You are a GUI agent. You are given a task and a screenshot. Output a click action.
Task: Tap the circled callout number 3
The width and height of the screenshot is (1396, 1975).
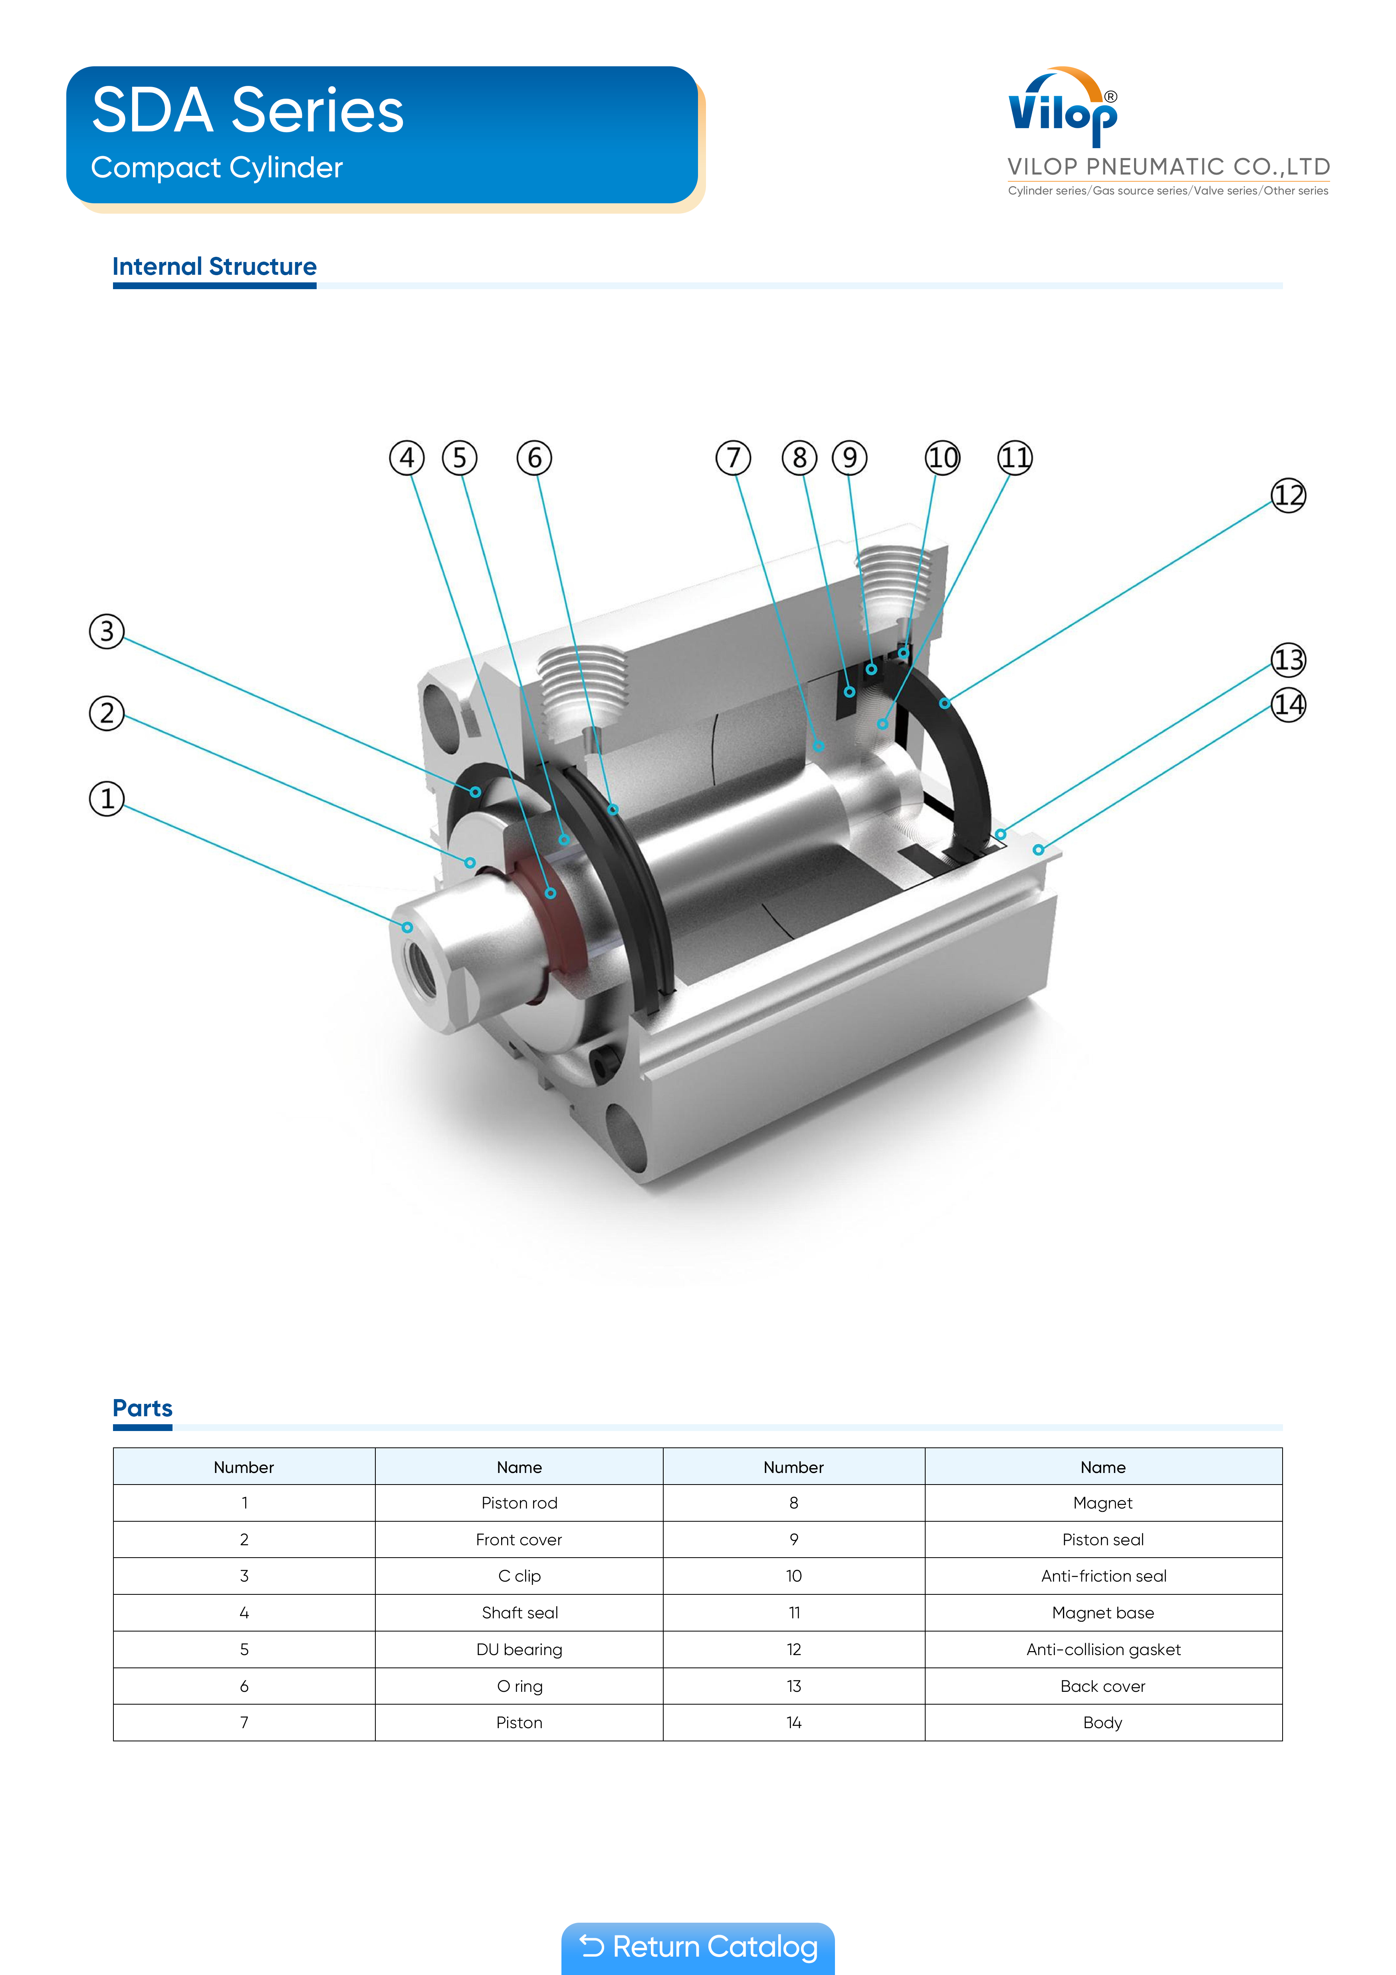point(107,631)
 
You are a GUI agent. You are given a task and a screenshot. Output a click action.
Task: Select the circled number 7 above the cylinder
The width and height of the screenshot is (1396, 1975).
point(733,458)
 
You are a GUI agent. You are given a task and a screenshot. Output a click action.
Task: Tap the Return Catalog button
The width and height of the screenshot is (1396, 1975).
point(698,1947)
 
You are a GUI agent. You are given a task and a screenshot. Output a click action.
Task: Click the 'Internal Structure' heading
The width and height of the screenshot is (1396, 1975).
point(214,267)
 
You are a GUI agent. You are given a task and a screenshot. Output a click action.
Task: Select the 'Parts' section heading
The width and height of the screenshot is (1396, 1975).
point(143,1408)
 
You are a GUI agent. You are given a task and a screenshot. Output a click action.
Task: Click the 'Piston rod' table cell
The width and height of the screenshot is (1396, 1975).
point(519,1503)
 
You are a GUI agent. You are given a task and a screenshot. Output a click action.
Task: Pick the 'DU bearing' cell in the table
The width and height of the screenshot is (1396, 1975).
point(519,1649)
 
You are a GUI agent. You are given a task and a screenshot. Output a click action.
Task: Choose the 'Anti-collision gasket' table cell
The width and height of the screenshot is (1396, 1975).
point(1103,1649)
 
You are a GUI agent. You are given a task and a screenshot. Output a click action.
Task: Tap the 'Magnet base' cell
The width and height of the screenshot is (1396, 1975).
point(1103,1613)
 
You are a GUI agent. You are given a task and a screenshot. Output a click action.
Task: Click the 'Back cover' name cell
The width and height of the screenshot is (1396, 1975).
point(1103,1686)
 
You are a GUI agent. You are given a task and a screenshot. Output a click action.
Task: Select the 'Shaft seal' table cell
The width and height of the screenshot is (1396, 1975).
point(519,1613)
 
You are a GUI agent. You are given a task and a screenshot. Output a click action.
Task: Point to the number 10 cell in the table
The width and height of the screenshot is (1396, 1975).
point(793,1576)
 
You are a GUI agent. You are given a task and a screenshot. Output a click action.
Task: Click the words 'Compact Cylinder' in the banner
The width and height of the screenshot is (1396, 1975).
point(217,168)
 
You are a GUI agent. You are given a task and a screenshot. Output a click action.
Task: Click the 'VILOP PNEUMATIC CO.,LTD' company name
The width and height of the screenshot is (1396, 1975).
point(1168,167)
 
